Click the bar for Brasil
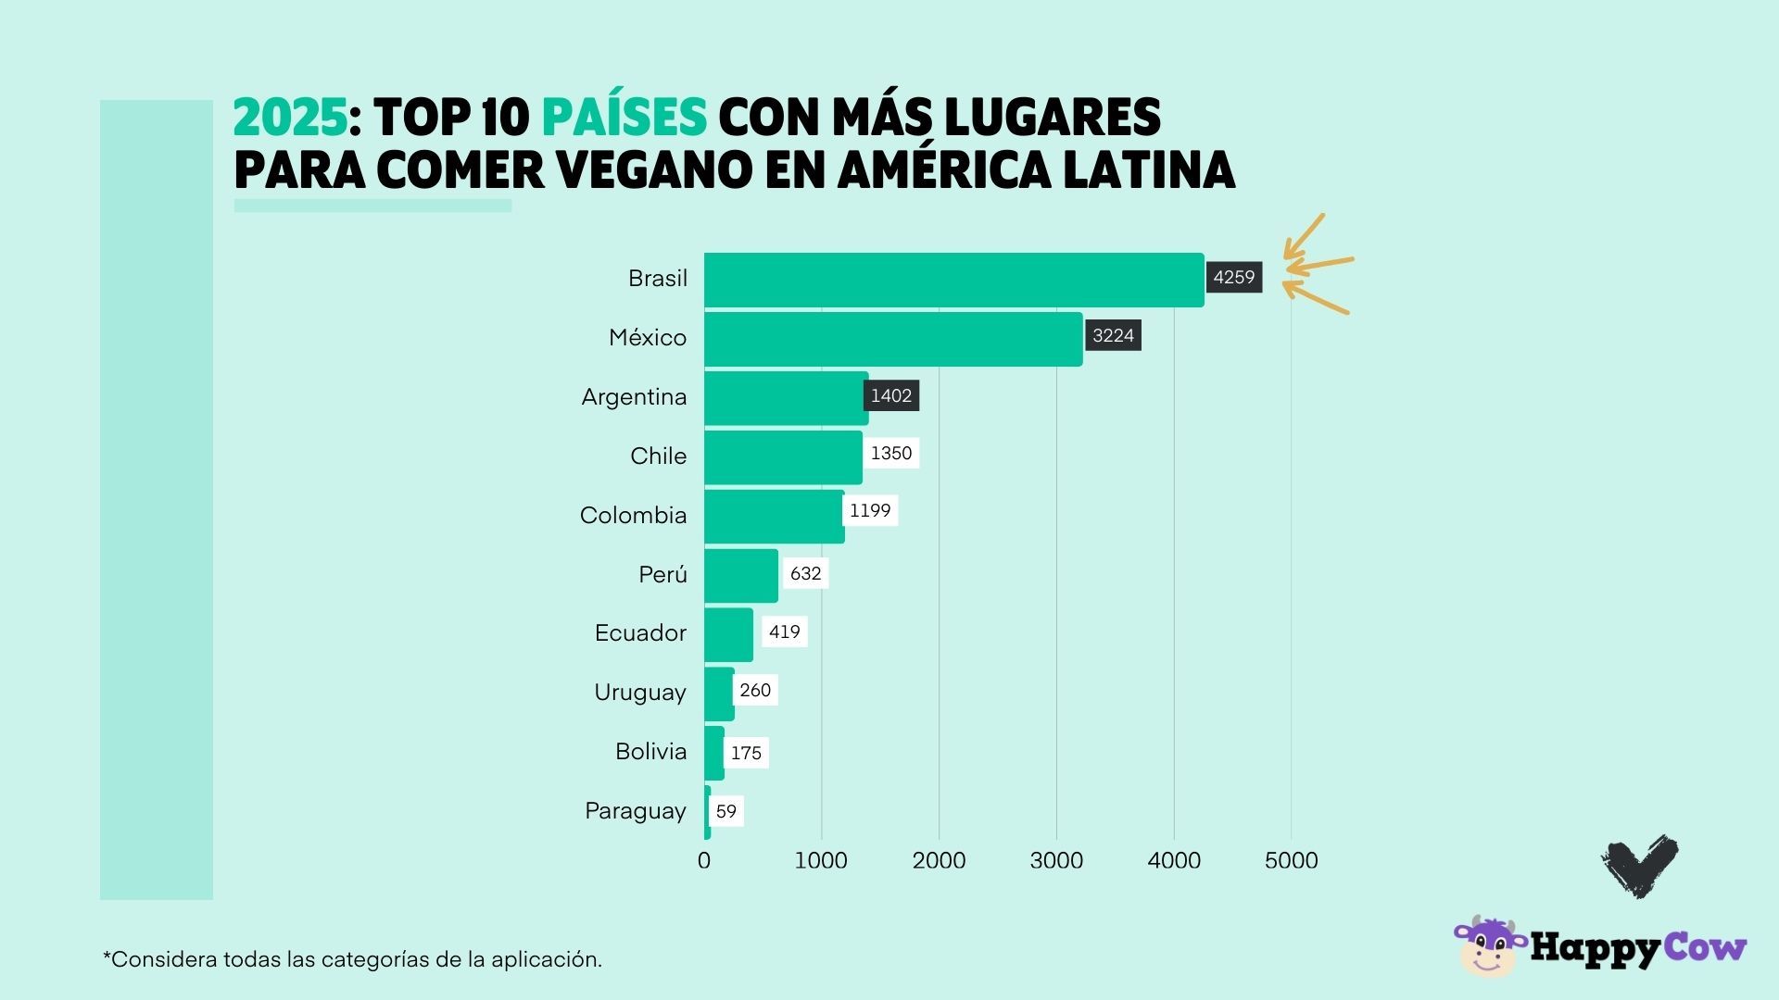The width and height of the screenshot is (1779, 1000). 953,280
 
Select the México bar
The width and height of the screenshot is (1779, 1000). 892,339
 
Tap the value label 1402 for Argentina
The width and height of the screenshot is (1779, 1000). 891,396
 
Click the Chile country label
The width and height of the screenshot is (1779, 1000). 658,456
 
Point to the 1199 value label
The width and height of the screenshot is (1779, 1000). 870,511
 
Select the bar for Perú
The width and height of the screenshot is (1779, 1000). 740,575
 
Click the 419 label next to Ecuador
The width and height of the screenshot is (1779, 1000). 784,632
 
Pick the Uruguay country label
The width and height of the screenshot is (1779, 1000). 639,693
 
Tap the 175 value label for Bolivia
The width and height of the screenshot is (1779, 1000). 746,754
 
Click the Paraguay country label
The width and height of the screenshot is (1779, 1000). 635,811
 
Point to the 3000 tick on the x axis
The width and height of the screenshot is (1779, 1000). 1056,861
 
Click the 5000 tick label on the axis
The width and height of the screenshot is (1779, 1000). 1291,861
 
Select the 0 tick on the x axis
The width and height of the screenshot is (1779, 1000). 704,861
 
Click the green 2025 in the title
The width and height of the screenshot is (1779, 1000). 290,119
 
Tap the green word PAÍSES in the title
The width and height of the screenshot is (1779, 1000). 624,119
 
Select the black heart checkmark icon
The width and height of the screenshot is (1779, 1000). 1640,866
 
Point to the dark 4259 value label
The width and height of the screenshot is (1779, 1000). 1233,278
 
